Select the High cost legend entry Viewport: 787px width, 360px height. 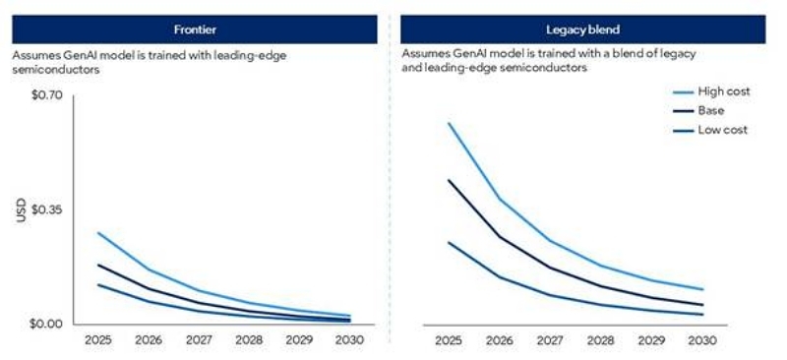point(724,91)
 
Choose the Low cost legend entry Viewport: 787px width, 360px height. point(723,130)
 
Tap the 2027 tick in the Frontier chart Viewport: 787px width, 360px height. point(200,340)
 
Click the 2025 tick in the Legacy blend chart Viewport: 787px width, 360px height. point(449,340)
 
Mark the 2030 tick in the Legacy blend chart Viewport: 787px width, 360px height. point(702,340)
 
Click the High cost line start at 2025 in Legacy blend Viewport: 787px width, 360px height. point(449,124)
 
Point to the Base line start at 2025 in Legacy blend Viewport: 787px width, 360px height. point(449,180)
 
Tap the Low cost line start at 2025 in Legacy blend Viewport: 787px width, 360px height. point(449,242)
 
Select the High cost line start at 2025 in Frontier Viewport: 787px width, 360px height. point(98,233)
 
